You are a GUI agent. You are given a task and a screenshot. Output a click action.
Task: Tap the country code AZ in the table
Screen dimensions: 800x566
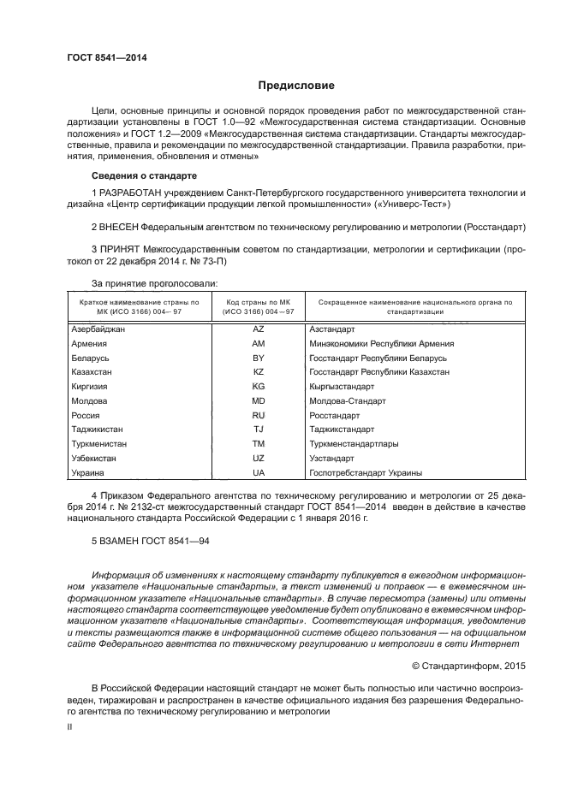pos(259,329)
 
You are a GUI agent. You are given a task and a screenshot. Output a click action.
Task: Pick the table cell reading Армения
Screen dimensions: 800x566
pos(89,343)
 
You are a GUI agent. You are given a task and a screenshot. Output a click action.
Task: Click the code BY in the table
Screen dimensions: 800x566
pos(259,358)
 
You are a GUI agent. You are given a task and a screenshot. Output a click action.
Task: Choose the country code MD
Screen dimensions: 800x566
pos(259,400)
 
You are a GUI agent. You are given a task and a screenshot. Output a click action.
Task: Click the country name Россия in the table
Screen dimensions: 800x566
pos(86,415)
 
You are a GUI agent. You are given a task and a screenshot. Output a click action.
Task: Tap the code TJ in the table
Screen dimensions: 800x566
pos(259,430)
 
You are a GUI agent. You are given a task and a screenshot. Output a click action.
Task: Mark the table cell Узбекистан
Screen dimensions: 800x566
pos(93,459)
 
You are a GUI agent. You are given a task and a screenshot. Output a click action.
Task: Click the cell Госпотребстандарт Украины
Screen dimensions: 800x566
pos(366,472)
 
